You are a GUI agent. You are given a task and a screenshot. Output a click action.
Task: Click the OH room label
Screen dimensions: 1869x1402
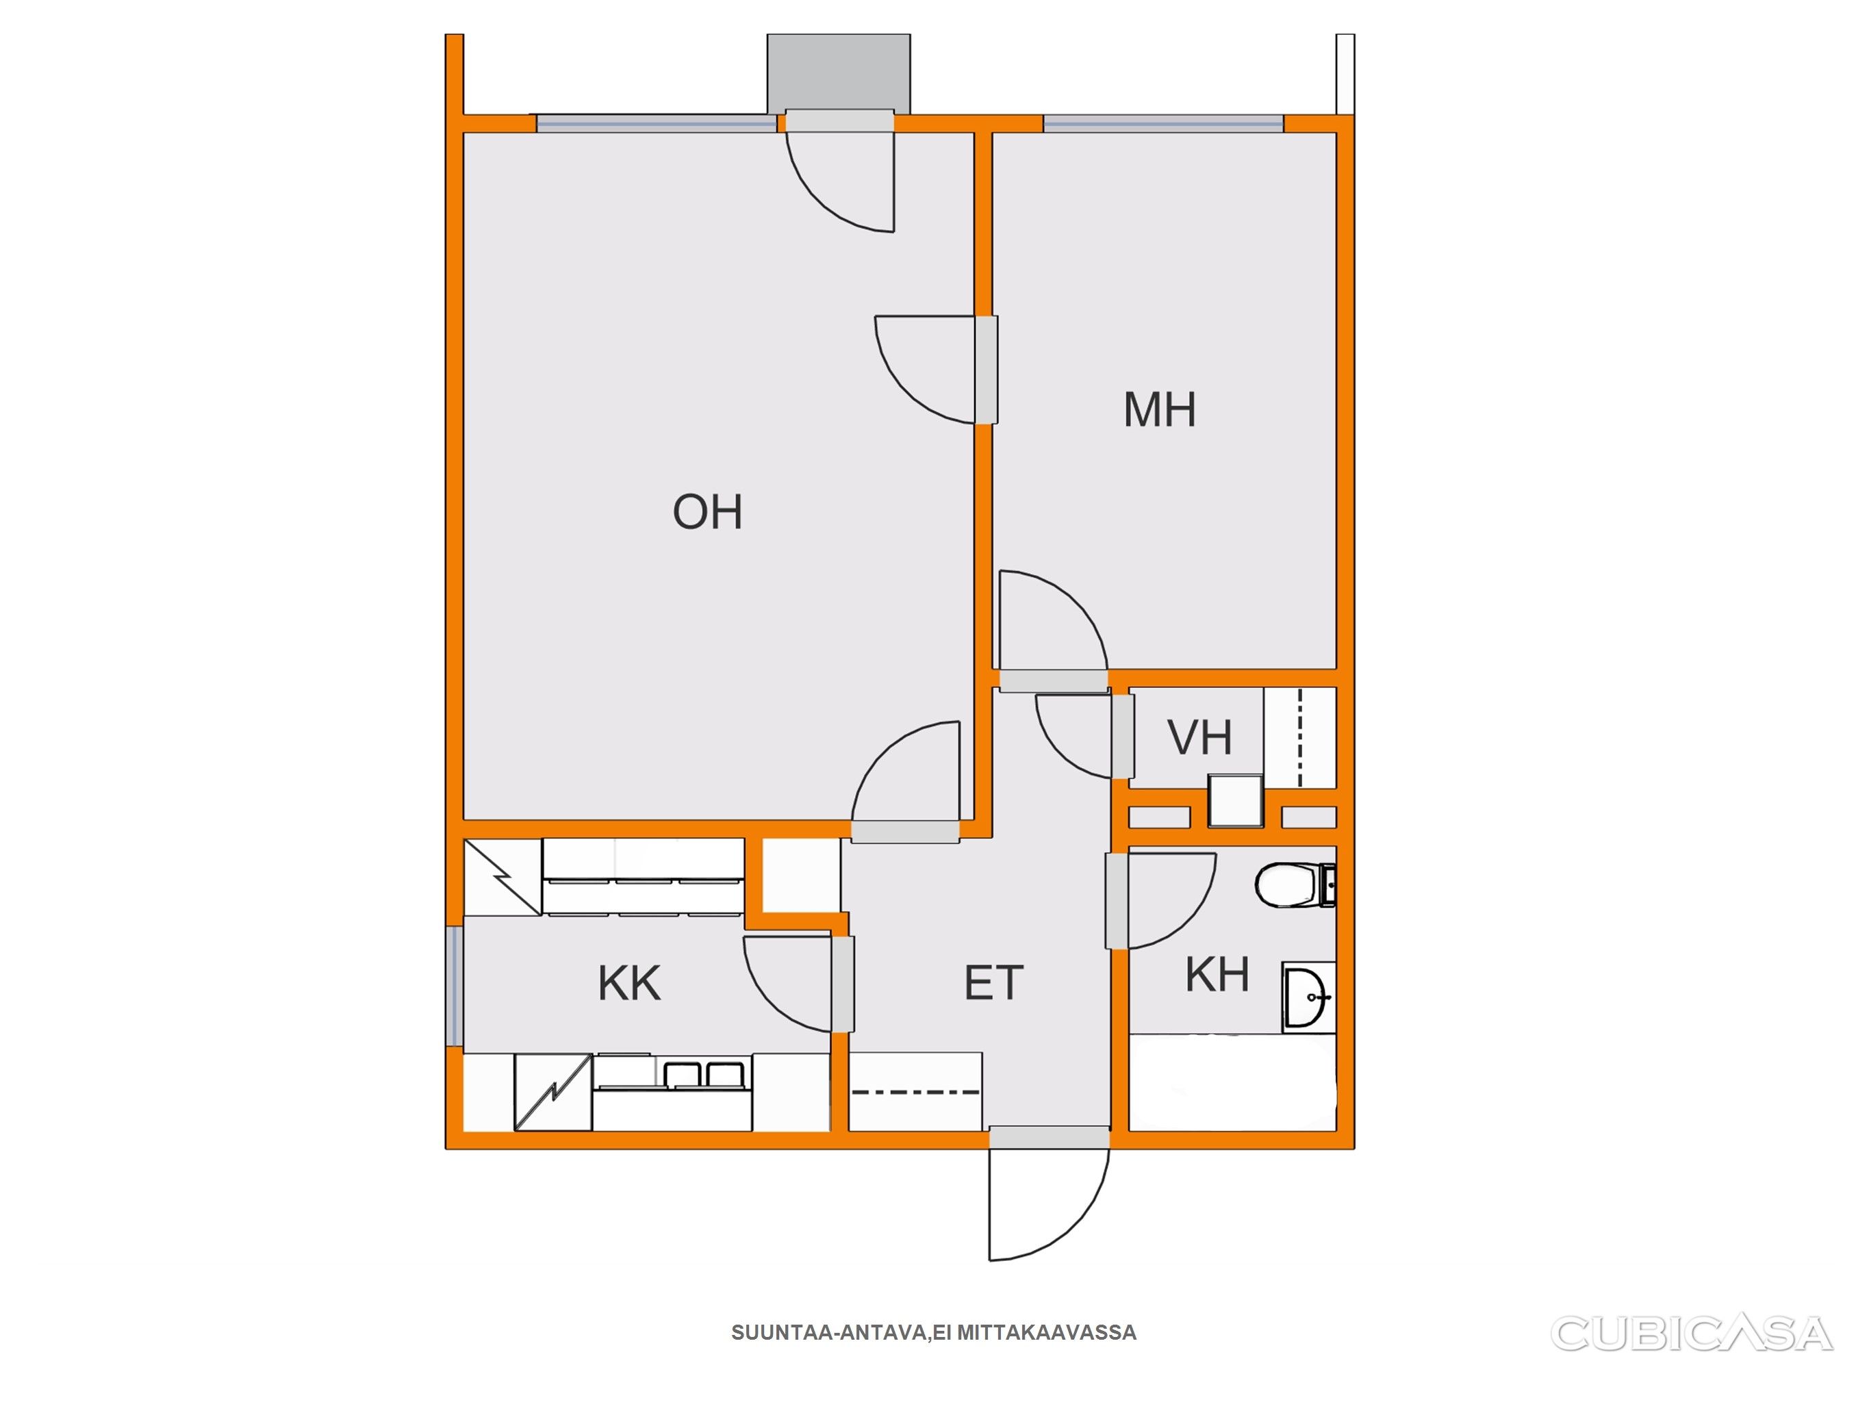point(707,512)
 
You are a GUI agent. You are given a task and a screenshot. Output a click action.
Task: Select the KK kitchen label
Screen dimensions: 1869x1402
point(628,984)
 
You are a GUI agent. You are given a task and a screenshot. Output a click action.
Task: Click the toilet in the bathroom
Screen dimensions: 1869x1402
point(1295,884)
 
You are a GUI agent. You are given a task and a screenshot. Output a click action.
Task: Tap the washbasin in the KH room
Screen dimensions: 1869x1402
point(1309,997)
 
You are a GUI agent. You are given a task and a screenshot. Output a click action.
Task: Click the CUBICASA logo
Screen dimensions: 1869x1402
point(1692,1334)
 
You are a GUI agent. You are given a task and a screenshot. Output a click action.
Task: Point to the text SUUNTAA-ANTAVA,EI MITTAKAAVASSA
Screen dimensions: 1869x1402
point(934,1333)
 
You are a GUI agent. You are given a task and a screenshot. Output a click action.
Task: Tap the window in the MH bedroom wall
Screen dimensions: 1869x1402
point(1163,123)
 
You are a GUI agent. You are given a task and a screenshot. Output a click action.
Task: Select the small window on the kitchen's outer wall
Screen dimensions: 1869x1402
point(455,986)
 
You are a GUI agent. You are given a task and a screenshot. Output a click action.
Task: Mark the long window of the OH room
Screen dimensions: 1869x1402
point(657,123)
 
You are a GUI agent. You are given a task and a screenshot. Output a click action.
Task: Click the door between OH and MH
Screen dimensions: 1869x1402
point(936,369)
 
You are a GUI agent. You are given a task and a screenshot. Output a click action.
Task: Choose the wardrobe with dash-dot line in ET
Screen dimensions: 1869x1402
point(915,1091)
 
